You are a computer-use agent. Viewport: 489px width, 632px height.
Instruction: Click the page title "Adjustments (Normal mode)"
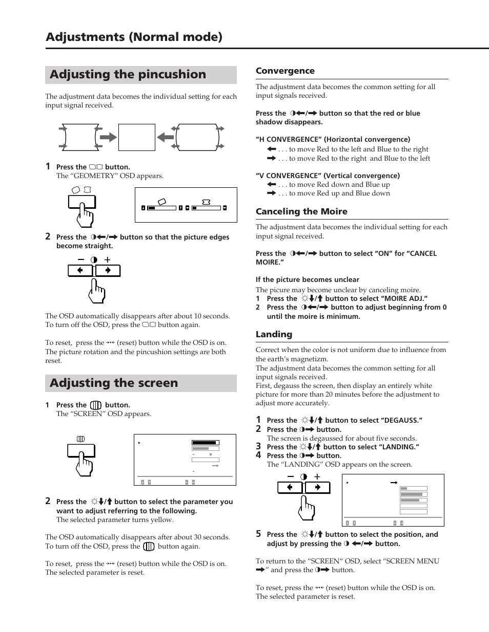tap(134, 37)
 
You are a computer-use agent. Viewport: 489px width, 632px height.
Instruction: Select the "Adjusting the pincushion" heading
tap(128, 75)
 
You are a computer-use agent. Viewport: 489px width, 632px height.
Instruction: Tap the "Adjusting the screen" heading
tap(114, 383)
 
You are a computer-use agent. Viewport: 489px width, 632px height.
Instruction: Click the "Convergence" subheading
tap(285, 71)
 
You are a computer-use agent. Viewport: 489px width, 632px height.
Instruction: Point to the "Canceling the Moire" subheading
tap(301, 212)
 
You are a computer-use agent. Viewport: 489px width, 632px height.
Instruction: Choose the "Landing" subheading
tap(274, 335)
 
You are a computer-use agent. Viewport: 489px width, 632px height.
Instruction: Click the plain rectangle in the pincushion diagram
tap(136, 137)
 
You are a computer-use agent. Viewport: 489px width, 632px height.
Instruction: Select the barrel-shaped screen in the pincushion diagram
tap(197, 137)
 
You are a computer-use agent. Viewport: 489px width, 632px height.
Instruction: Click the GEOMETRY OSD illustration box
tap(186, 205)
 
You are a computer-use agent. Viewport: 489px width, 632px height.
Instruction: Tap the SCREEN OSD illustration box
tap(185, 460)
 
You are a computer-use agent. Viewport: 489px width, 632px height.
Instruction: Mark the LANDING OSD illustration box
tap(393, 500)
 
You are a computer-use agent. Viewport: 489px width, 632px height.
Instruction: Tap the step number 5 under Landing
tap(258, 534)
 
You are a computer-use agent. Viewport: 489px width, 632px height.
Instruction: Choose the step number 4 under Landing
tap(258, 455)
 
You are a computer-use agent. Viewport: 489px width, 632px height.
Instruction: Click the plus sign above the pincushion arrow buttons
tap(108, 259)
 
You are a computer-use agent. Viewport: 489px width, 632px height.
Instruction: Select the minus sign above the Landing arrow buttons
tap(291, 476)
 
